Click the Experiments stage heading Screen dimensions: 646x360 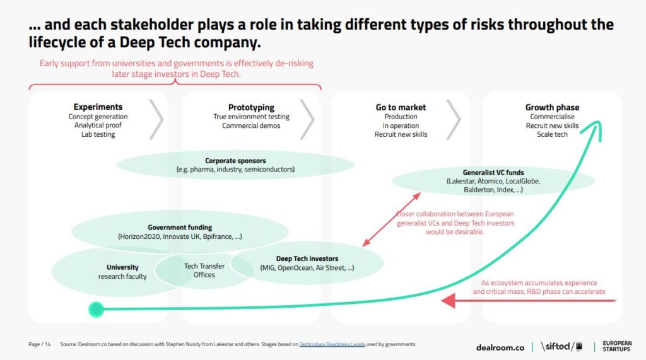[x=98, y=107]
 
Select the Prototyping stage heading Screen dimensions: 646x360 [x=251, y=108]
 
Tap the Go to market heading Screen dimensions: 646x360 [x=401, y=108]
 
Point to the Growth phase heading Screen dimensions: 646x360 [x=552, y=108]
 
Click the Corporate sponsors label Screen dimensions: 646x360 [x=236, y=161]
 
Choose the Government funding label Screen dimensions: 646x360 [x=180, y=228]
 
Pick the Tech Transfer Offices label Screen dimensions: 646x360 [x=204, y=270]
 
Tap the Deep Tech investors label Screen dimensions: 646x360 [x=307, y=258]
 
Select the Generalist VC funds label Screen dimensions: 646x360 [x=493, y=173]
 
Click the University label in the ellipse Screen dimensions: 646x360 [x=122, y=267]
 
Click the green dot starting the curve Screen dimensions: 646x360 [x=96, y=310]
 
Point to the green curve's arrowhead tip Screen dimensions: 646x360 [x=596, y=122]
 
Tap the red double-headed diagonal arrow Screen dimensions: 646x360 [x=391, y=219]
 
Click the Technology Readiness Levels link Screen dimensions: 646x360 [x=332, y=344]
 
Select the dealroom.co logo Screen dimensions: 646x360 [x=500, y=347]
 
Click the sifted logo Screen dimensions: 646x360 [x=561, y=346]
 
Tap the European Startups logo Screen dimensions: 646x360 [x=617, y=346]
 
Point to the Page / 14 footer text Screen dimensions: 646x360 [x=40, y=344]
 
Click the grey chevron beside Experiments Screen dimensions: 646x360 [x=156, y=119]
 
